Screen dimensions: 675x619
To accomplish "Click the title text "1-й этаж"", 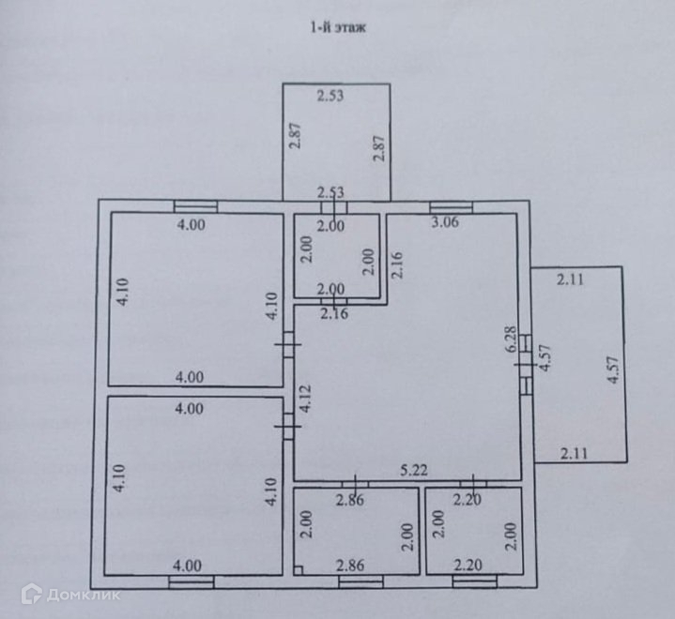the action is coord(336,29).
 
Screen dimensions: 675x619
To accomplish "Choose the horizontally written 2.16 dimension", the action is coord(333,313).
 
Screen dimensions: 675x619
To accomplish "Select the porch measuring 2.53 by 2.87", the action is coord(336,141).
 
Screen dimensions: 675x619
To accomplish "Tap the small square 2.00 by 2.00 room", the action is coord(336,255).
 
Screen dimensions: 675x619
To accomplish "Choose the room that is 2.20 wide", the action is coord(473,530).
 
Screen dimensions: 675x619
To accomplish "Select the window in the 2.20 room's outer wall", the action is coord(474,581).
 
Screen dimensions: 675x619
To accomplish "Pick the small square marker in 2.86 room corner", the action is coord(298,568).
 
